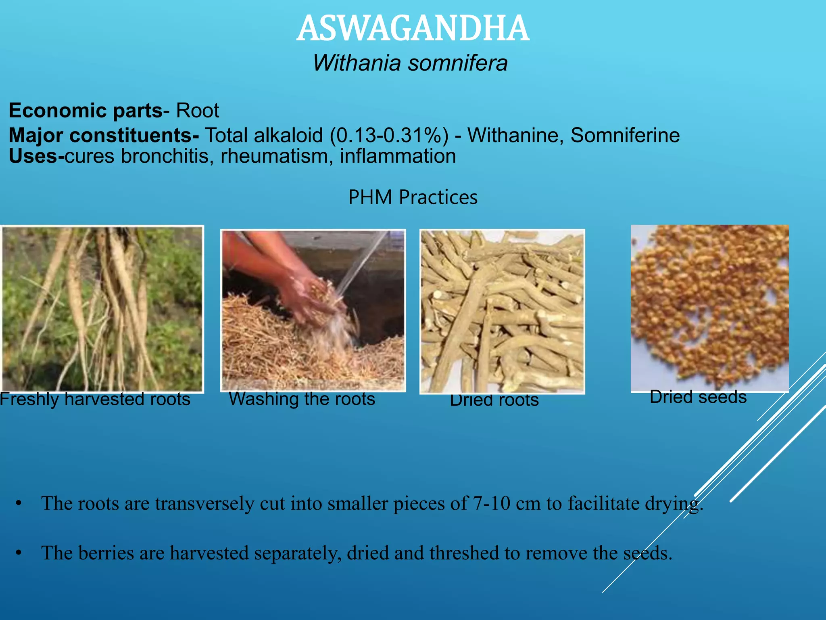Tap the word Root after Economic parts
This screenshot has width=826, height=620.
click(x=198, y=111)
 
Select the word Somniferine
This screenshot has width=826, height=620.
click(x=625, y=135)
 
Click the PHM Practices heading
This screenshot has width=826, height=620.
click(x=413, y=197)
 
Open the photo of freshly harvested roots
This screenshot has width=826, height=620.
click(x=102, y=309)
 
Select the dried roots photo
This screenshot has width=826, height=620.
click(x=502, y=311)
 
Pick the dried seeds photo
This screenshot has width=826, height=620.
click(x=709, y=308)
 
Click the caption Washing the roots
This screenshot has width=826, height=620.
click(x=302, y=399)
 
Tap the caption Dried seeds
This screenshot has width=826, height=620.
click(x=698, y=397)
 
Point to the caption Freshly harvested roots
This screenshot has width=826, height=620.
click(x=95, y=399)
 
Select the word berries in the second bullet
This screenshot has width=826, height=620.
click(x=106, y=553)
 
